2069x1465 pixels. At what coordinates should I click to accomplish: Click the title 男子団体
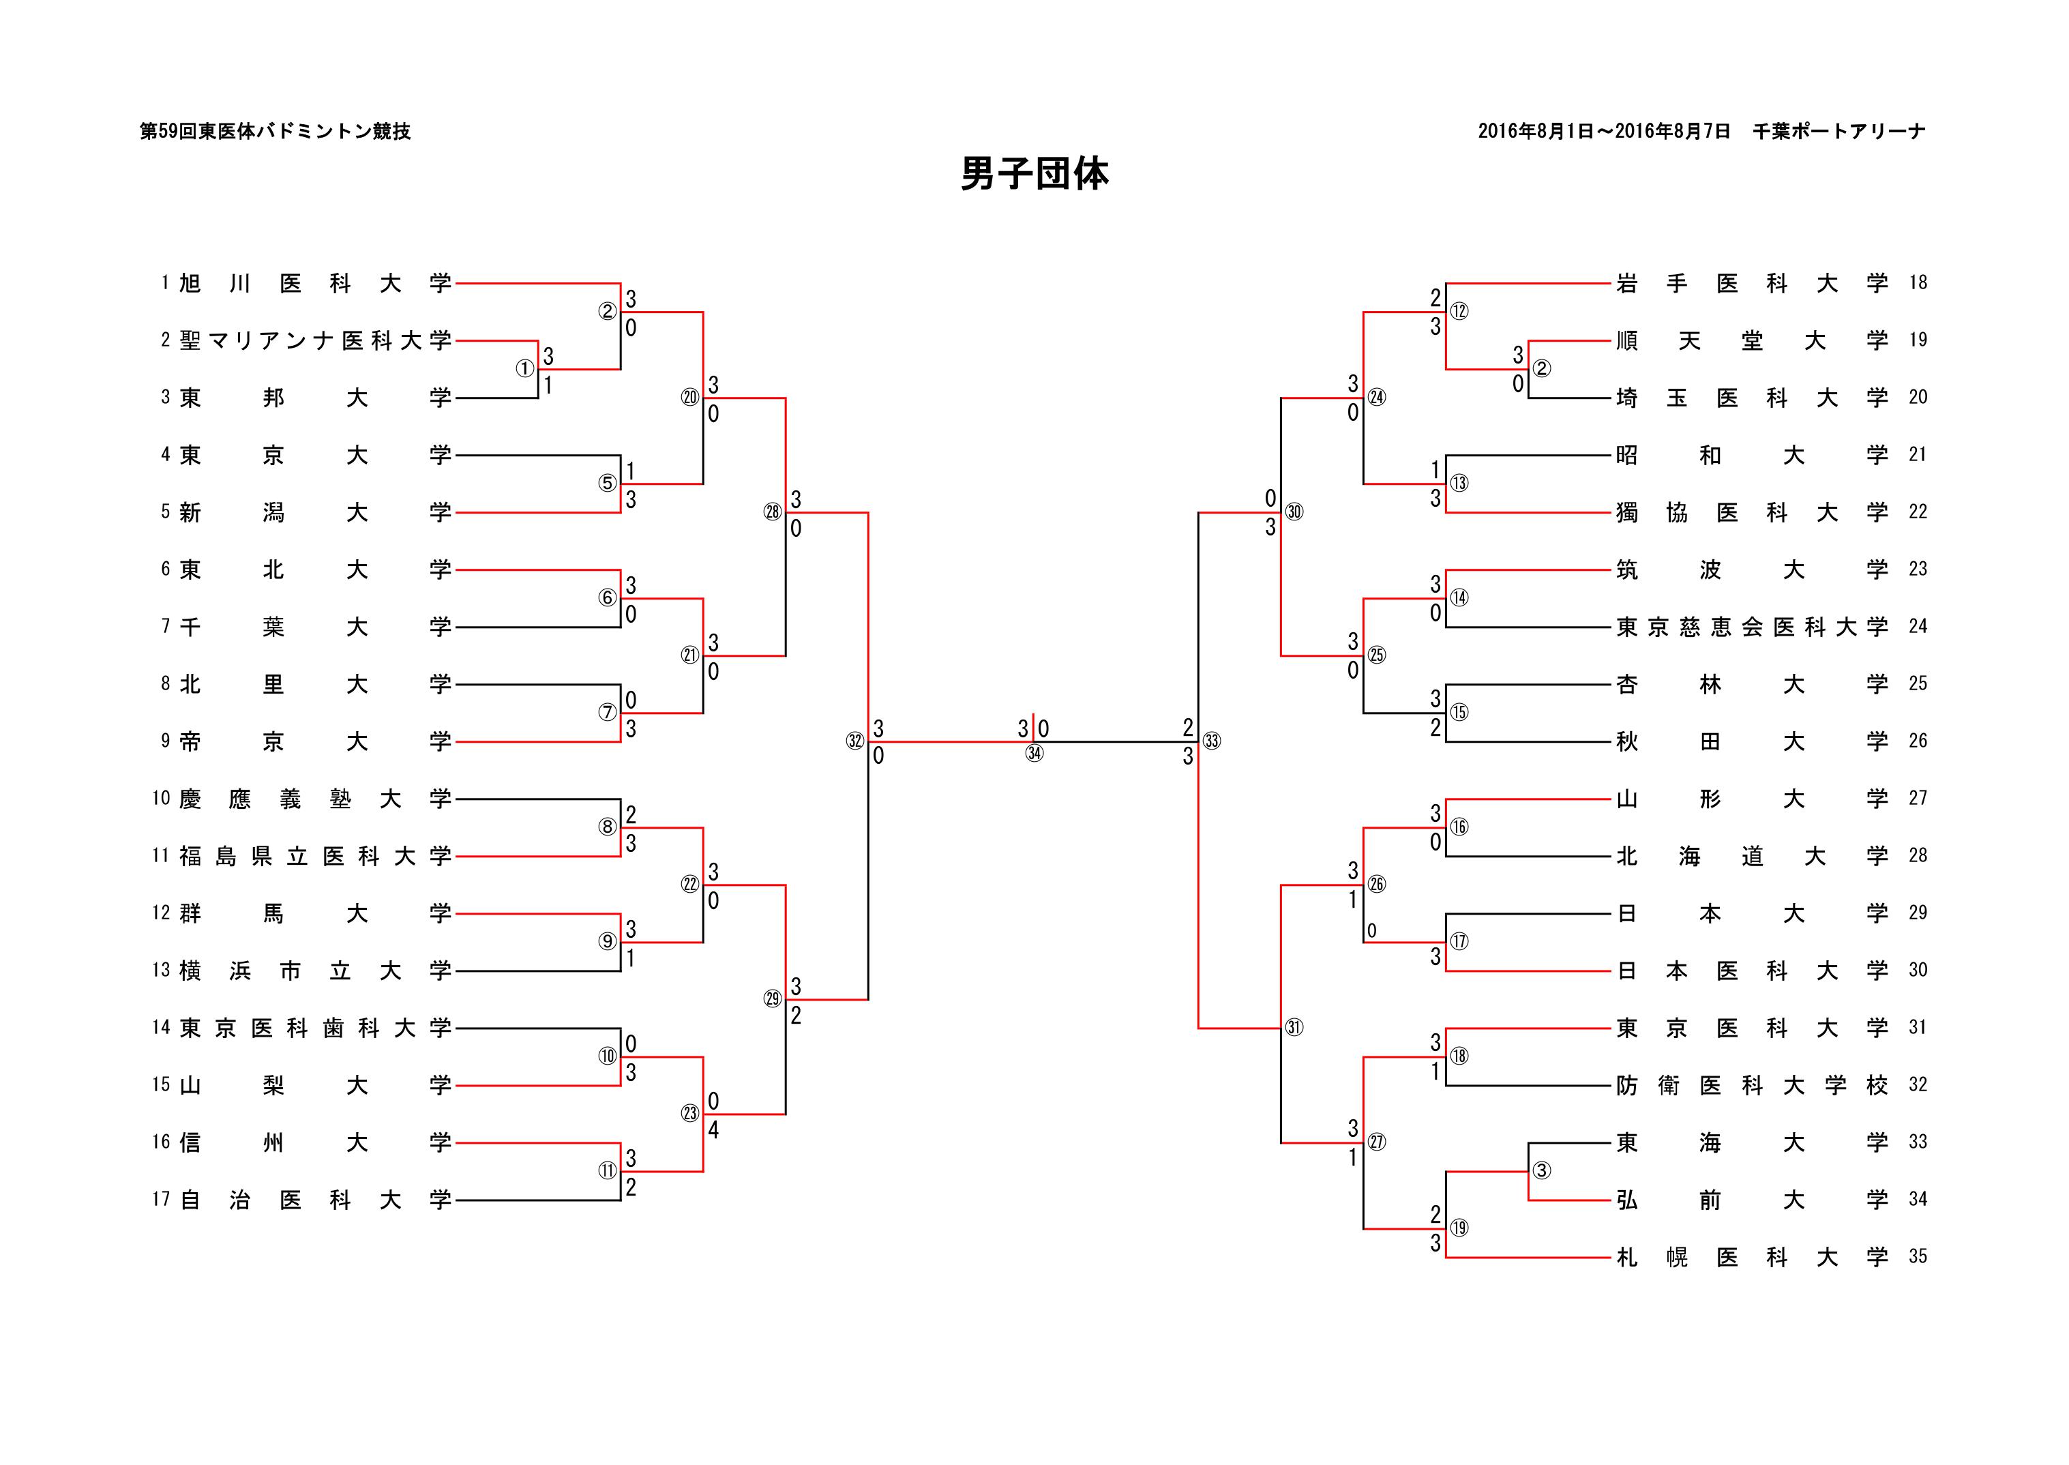click(x=1034, y=174)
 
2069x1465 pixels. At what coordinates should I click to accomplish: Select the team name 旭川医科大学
click(x=315, y=283)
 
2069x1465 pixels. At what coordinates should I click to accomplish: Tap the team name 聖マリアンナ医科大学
click(x=315, y=340)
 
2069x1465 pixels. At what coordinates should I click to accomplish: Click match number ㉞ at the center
click(x=1034, y=753)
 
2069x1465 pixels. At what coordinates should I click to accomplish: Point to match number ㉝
click(x=1211, y=741)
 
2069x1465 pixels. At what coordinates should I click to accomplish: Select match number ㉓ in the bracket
click(x=690, y=1113)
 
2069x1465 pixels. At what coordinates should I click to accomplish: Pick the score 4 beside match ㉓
click(x=713, y=1129)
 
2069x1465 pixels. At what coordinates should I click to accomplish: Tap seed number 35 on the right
click(x=1918, y=1256)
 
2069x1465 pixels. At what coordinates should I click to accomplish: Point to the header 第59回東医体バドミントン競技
click(x=275, y=132)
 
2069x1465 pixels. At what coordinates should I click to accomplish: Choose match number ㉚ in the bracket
click(x=1294, y=512)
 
